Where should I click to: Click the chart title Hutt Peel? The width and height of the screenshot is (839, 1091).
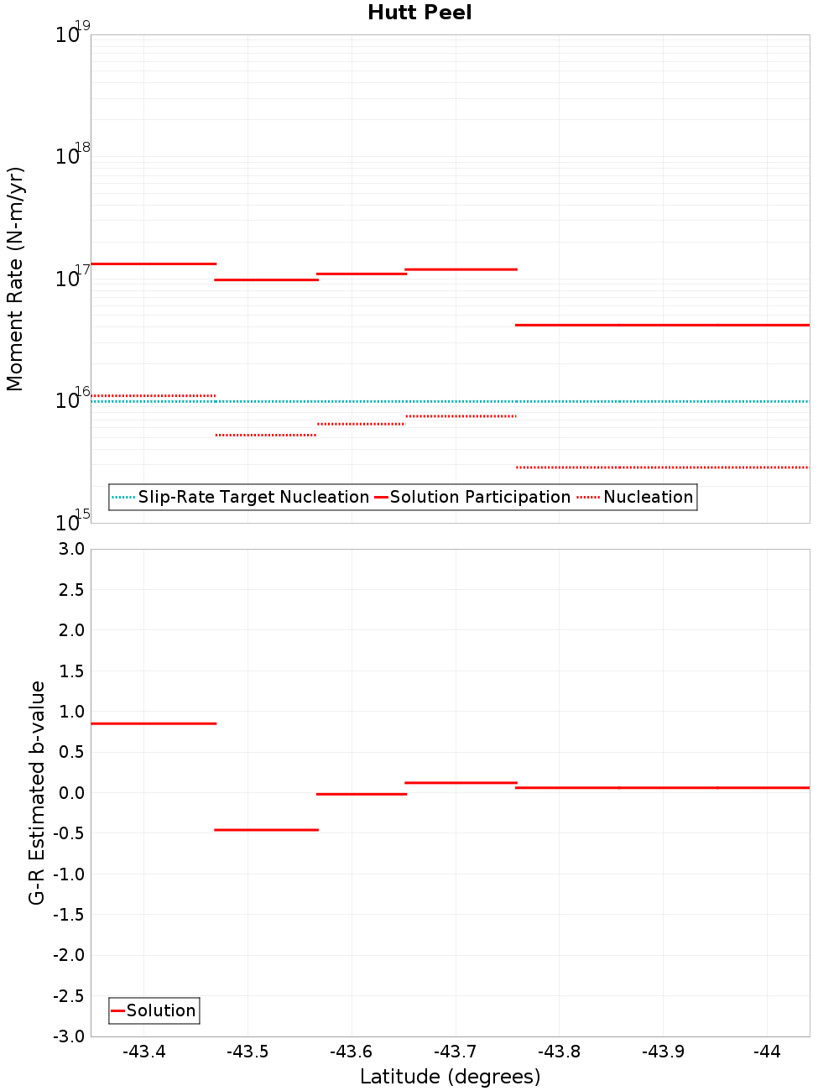tap(419, 13)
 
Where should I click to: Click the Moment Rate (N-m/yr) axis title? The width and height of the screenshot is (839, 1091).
tap(15, 279)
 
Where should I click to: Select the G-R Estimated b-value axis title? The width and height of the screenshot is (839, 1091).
tap(37, 792)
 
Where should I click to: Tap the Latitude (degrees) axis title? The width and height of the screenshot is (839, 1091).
tap(450, 1077)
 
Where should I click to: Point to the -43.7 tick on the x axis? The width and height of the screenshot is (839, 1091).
tap(455, 1052)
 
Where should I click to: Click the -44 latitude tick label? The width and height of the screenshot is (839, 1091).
tap(767, 1052)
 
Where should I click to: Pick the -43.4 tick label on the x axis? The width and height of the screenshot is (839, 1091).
tap(143, 1052)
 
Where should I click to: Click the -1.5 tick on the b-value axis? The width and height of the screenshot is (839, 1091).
tap(68, 914)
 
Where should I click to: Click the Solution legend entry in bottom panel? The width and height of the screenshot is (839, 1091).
tap(160, 1010)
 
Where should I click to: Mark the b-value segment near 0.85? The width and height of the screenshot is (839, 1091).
tap(154, 723)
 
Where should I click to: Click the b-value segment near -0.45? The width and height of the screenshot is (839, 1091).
tap(267, 830)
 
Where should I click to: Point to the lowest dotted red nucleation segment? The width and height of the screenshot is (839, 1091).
tap(662, 467)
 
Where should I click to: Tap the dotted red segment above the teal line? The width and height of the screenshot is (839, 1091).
tap(154, 395)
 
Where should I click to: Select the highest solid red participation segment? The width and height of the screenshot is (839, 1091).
tap(154, 264)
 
